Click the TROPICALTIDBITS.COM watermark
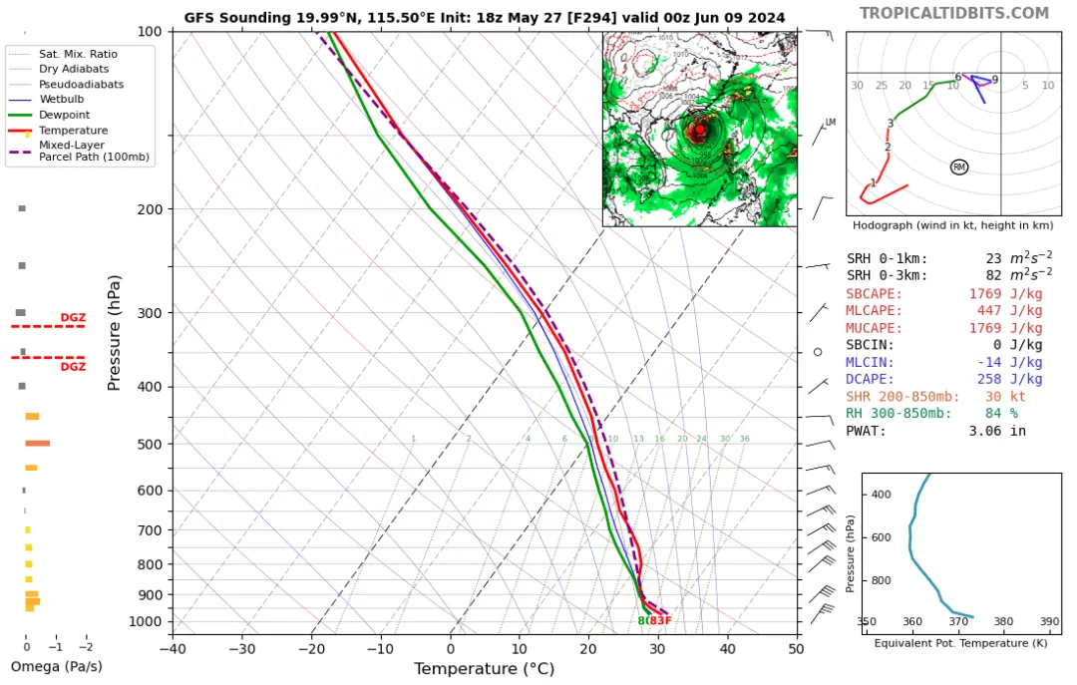(x=954, y=13)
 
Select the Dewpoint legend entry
(x=61, y=115)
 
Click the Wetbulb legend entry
(x=61, y=100)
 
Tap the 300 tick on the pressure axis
(x=150, y=313)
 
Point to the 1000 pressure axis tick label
(x=146, y=621)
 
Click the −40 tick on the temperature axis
(x=173, y=648)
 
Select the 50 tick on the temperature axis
(x=795, y=648)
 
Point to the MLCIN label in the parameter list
(x=871, y=362)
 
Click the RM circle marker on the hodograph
(x=959, y=167)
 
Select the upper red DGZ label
(x=72, y=317)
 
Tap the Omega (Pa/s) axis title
(x=56, y=666)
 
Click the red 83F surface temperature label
(x=660, y=621)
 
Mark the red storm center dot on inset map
(x=700, y=130)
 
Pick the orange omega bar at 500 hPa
(x=38, y=443)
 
